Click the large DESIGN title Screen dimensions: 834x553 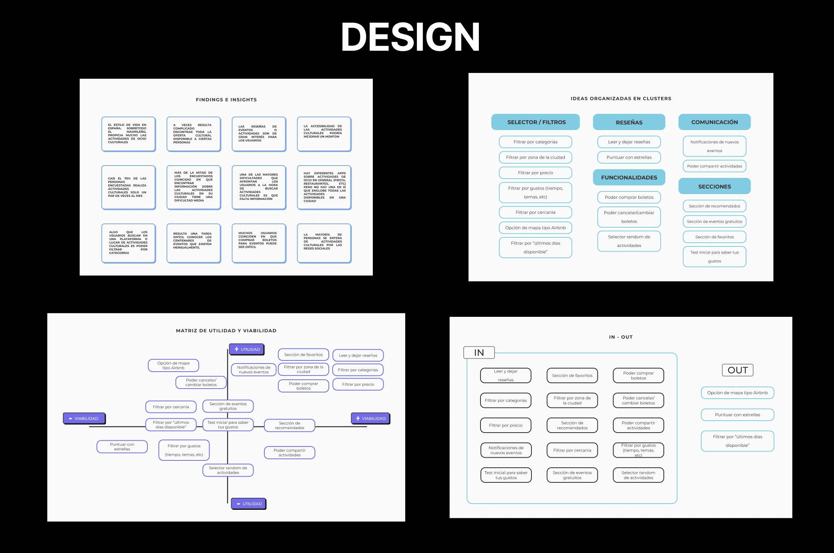point(410,37)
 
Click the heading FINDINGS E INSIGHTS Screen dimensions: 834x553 point(226,100)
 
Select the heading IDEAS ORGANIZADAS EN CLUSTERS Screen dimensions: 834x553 point(621,98)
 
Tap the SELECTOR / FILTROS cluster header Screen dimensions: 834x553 point(535,122)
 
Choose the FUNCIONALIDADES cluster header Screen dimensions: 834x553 point(629,178)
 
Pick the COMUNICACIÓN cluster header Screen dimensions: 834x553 point(714,122)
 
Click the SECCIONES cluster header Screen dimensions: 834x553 point(714,186)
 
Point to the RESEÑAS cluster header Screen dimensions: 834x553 point(629,122)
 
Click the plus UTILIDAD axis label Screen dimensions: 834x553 point(247,349)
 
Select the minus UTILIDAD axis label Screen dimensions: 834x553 point(249,504)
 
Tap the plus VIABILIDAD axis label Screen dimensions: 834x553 point(370,418)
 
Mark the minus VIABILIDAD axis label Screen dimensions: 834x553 point(84,418)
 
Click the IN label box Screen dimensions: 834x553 point(479,353)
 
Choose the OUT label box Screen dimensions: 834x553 point(737,370)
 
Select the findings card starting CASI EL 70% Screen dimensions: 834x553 point(128,188)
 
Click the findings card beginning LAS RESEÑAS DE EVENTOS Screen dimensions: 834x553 point(259,134)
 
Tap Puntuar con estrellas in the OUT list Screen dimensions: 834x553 point(737,415)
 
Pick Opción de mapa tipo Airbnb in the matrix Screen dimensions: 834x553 point(173,365)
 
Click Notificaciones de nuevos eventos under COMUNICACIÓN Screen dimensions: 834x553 point(714,146)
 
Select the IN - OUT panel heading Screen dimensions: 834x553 point(621,337)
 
